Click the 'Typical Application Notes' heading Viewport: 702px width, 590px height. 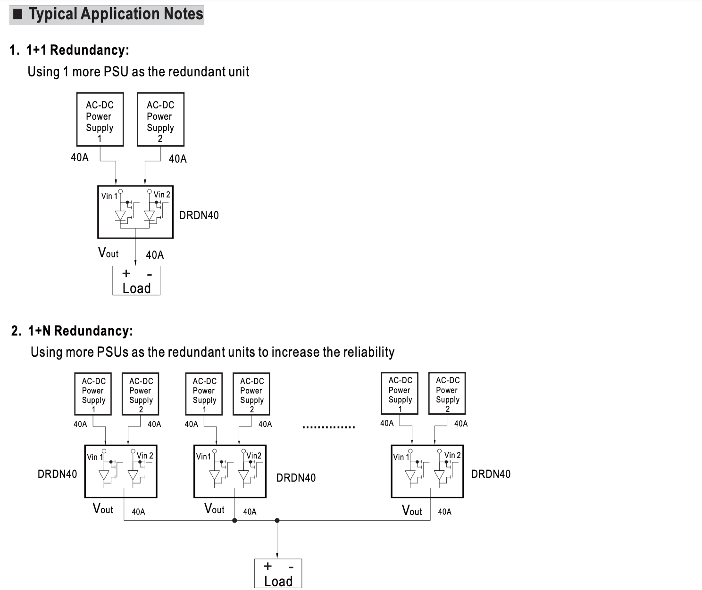coord(116,14)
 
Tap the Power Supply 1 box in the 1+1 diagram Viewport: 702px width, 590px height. coord(100,120)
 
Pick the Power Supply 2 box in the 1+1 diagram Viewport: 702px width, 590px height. coord(160,120)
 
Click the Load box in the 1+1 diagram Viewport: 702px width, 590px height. coord(136,281)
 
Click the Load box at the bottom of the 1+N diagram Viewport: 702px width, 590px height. coord(278,574)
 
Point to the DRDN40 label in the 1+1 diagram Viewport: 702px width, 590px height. coord(199,215)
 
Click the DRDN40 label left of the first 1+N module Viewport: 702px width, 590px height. coord(57,474)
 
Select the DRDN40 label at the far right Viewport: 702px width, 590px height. coord(491,474)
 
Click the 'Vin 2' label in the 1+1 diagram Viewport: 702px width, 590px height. coord(162,195)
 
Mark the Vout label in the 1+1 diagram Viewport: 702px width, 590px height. coord(108,253)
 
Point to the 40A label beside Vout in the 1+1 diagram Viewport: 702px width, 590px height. coord(155,255)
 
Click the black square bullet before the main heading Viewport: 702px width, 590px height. coord(18,14)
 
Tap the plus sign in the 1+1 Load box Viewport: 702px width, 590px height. coord(126,273)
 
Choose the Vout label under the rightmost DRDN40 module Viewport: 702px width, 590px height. coord(412,510)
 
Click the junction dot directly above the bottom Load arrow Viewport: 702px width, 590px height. coord(277,520)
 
